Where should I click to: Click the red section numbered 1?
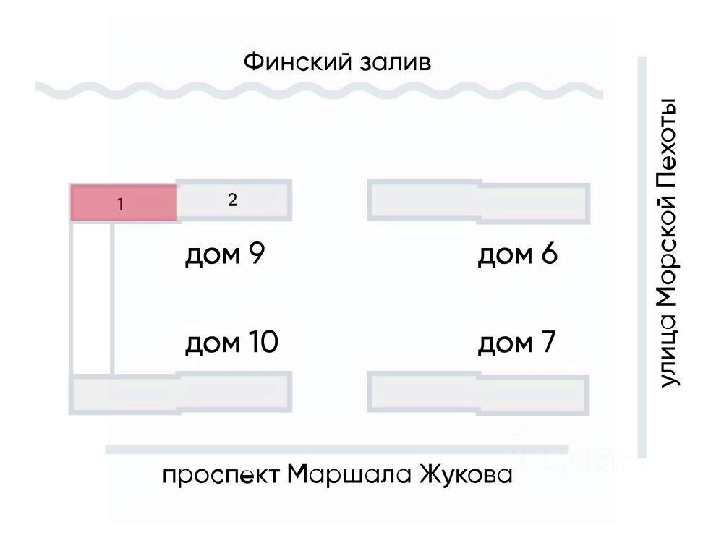tap(123, 203)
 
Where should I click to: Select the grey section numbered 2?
tap(233, 201)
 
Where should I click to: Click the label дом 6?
tap(517, 255)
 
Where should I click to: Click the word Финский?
tap(297, 61)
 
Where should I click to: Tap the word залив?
tap(394, 63)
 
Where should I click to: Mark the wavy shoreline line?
tap(318, 91)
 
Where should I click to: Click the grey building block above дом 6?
tap(479, 201)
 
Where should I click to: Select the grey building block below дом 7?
tap(479, 393)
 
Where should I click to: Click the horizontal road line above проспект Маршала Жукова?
tap(336, 450)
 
